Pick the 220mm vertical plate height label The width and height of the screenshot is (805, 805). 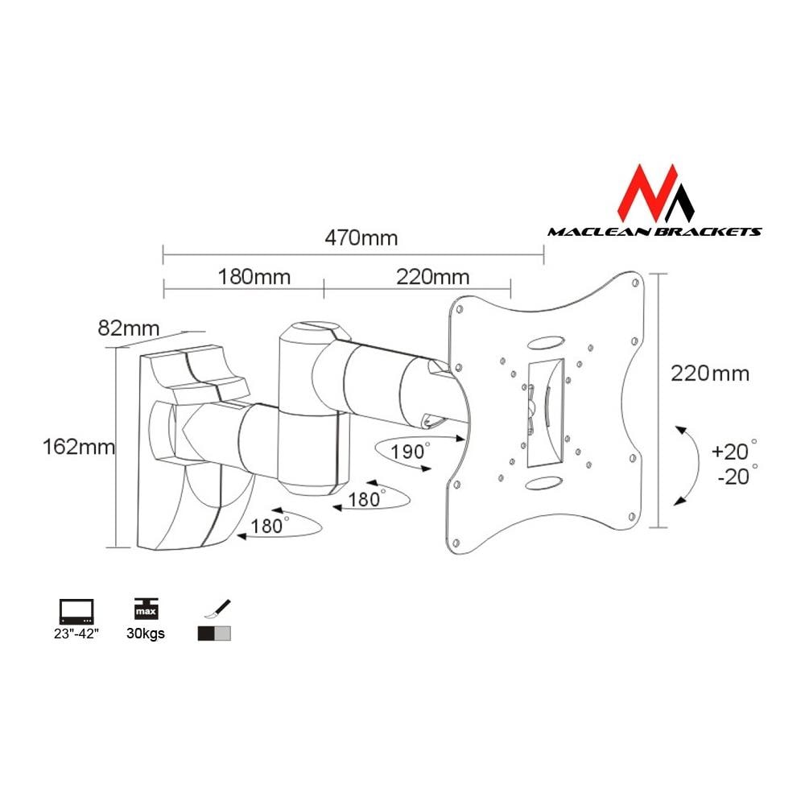click(x=709, y=374)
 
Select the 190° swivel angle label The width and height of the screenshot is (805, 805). click(x=409, y=452)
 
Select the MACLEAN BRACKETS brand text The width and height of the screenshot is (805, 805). click(x=654, y=232)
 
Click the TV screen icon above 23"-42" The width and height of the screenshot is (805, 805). click(x=76, y=609)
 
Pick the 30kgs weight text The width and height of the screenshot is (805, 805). click(x=146, y=634)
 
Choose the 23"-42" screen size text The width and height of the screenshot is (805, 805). click(x=76, y=634)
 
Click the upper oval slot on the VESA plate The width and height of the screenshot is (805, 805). click(x=547, y=341)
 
